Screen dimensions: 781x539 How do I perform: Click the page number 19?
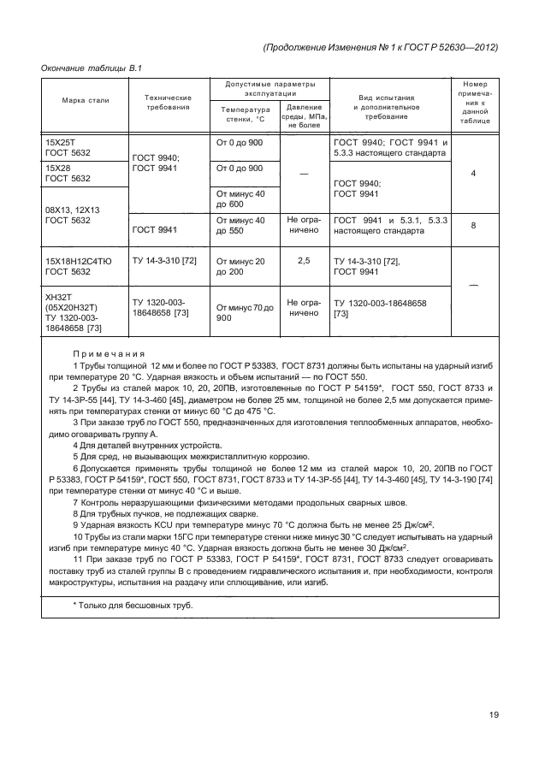[x=494, y=715]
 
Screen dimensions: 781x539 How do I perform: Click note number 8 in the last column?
[x=474, y=226]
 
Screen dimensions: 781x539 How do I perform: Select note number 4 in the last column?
[x=474, y=174]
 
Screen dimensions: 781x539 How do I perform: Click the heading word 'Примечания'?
[x=109, y=353]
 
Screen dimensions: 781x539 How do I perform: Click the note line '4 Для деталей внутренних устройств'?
[x=147, y=445]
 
